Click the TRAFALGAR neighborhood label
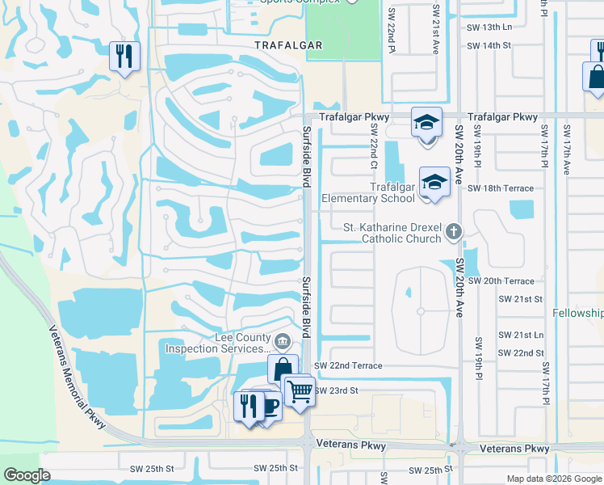click(x=288, y=45)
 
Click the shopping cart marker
click(x=300, y=391)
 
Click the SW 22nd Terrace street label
click(x=348, y=366)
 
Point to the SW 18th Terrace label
click(x=501, y=188)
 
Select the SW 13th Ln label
click(x=489, y=27)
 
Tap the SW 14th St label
click(x=489, y=45)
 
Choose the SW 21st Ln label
click(x=521, y=335)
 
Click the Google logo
click(x=27, y=475)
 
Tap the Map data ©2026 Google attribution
click(x=553, y=479)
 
